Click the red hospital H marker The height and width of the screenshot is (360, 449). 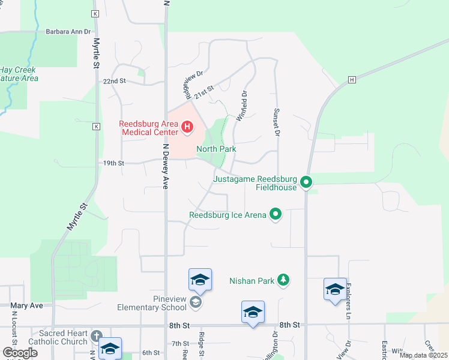187,127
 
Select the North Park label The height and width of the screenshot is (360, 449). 216,149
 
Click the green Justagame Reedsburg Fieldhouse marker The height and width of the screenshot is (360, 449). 306,181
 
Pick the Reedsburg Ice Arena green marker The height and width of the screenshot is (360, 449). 276,214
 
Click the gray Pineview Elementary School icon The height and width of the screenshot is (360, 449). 195,302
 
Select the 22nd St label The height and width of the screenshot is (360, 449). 114,81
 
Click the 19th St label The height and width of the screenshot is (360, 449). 113,163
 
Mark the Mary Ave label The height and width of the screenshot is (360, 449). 27,305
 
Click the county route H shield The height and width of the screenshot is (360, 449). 352,80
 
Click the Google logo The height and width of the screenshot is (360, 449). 20,353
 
